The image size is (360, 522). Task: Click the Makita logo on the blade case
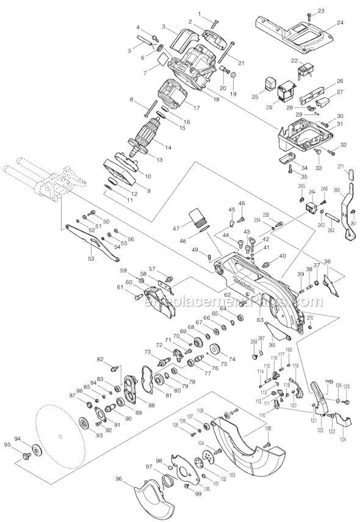coord(239,281)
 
